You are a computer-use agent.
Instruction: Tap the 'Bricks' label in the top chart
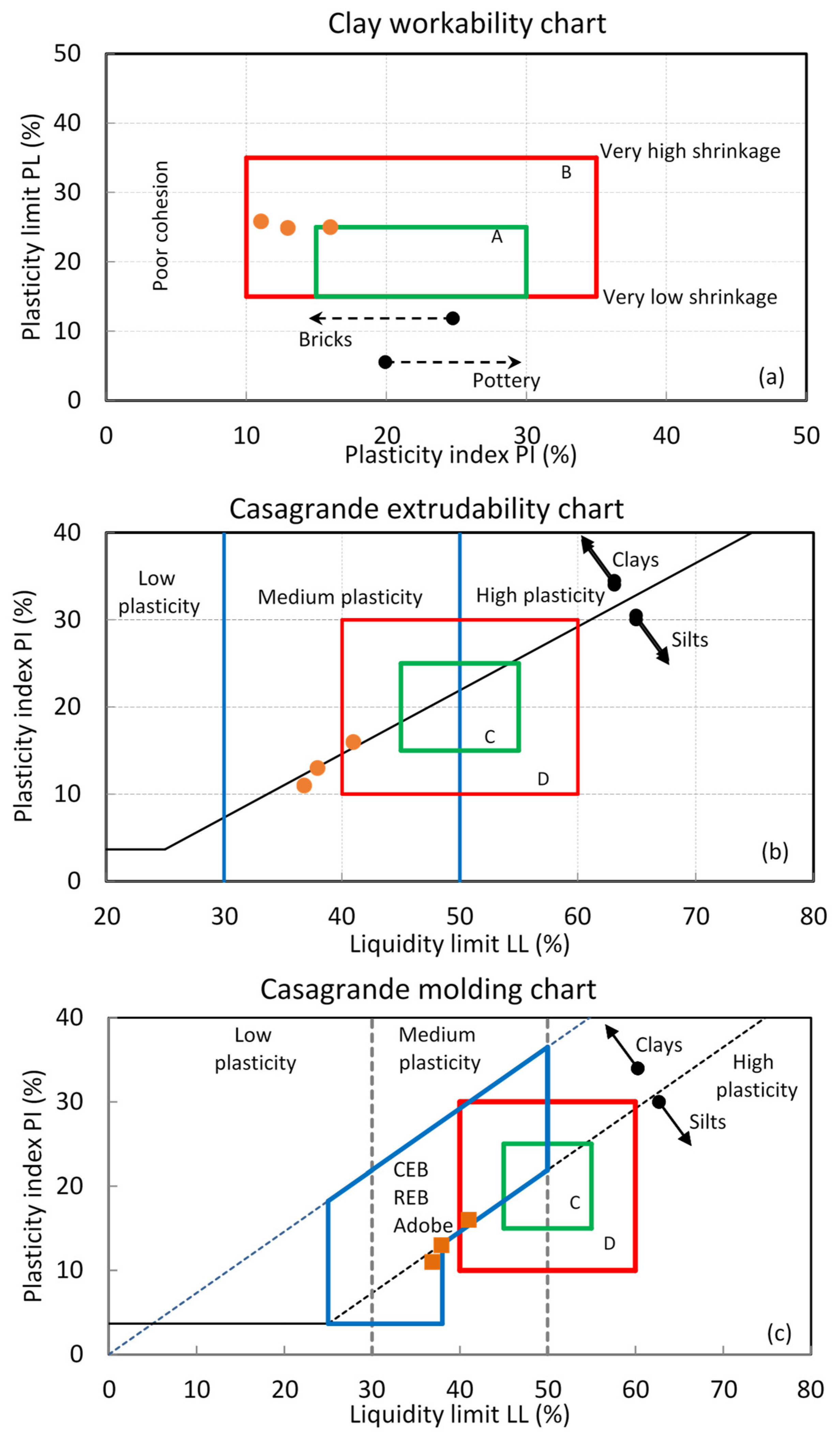tap(325, 340)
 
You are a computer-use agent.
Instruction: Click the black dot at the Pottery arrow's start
tap(385, 362)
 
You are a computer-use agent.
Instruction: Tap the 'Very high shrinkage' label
tap(690, 151)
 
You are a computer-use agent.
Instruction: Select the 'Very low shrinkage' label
tap(689, 297)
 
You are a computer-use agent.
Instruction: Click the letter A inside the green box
tap(497, 237)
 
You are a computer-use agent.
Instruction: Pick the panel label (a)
tap(771, 377)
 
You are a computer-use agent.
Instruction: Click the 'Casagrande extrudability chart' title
tap(426, 509)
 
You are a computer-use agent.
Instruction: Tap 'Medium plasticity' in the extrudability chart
tap(340, 597)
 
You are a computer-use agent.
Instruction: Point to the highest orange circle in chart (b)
tap(353, 742)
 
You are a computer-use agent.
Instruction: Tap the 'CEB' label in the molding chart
tap(410, 1170)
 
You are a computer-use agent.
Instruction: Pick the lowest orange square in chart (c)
tap(432, 1262)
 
